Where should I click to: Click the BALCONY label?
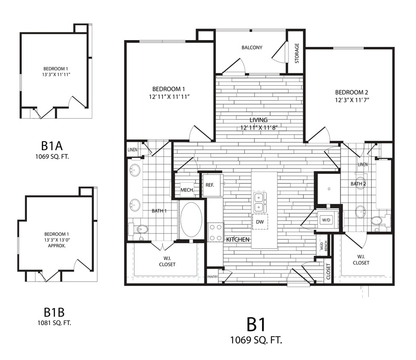click(x=252, y=47)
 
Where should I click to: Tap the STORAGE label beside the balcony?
click(x=297, y=53)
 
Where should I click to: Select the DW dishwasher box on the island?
click(x=259, y=222)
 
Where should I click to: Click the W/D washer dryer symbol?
click(x=326, y=220)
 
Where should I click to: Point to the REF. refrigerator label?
click(x=209, y=185)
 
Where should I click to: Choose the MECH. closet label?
click(x=187, y=190)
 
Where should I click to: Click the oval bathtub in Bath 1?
click(x=191, y=220)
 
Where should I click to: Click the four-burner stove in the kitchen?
click(x=216, y=232)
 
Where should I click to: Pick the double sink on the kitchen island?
click(x=259, y=202)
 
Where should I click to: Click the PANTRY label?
click(x=212, y=276)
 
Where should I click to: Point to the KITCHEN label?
click(x=238, y=240)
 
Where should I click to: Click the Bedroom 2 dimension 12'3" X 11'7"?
click(x=352, y=101)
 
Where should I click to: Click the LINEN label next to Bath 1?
click(x=132, y=150)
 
